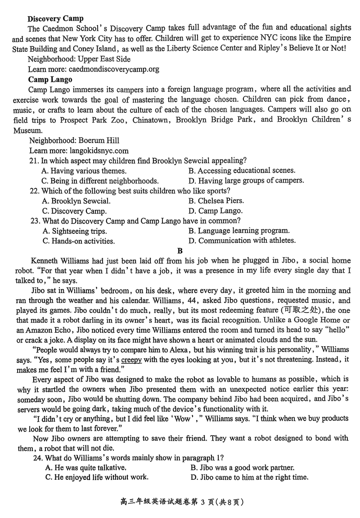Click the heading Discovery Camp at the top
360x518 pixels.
coord(55,18)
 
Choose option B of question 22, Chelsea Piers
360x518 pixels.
coord(216,201)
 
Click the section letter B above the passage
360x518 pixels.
coord(180,250)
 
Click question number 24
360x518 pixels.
coord(36,458)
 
